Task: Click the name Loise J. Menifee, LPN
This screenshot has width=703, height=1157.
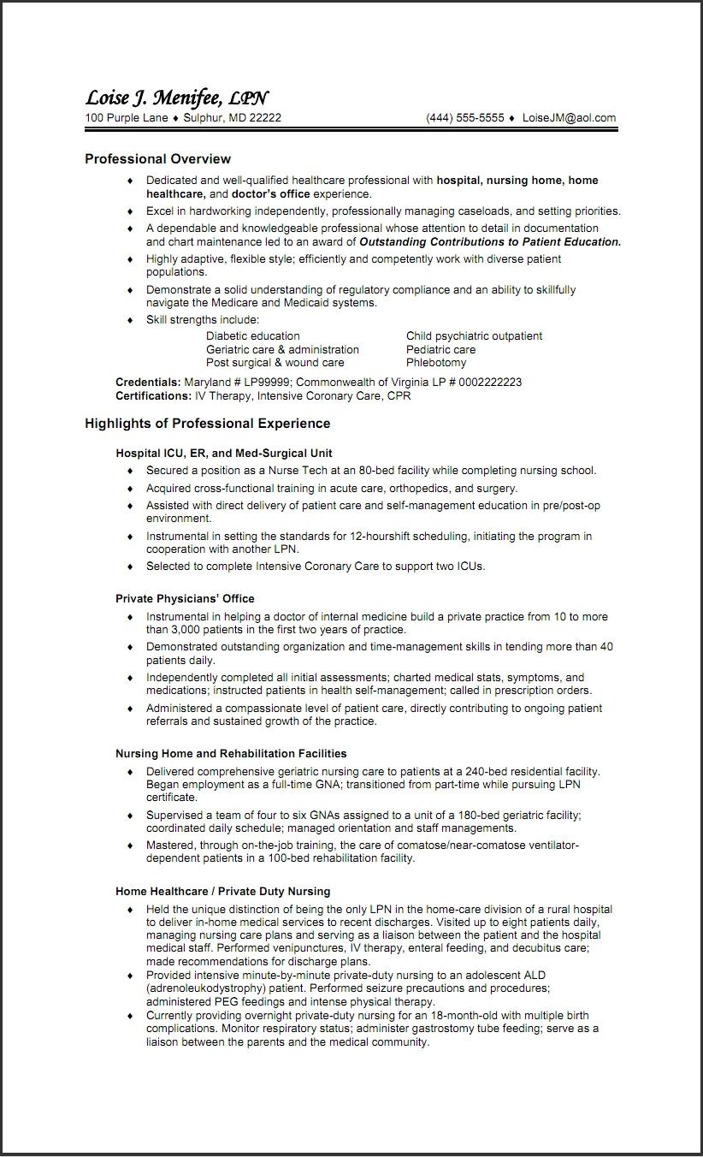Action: coord(176,98)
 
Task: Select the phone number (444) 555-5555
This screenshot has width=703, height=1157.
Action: coord(465,118)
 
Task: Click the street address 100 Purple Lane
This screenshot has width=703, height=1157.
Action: coord(126,118)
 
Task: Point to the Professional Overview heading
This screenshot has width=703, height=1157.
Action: coord(157,158)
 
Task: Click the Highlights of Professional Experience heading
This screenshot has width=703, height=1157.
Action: coord(207,423)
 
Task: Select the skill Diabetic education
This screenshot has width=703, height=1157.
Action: coord(252,335)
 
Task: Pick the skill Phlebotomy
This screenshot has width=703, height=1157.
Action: coord(435,362)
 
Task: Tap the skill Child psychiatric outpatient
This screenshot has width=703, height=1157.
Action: coord(474,335)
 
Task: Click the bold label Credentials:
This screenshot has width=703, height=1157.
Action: coord(148,382)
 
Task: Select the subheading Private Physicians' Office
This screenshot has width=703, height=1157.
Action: coord(185,598)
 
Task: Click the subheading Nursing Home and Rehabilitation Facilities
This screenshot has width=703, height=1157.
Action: coord(231,753)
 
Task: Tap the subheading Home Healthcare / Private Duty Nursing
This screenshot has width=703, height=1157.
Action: coord(222,891)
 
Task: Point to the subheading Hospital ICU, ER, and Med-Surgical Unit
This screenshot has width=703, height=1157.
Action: coord(223,453)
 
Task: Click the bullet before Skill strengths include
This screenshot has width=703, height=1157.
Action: coord(130,319)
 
